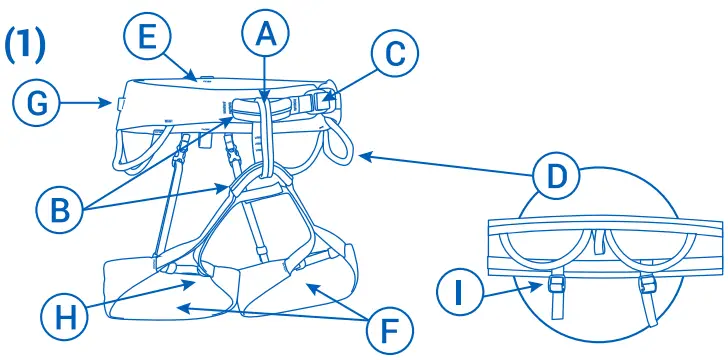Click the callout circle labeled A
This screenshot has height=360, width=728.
tap(264, 36)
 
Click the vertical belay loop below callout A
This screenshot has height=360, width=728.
tap(266, 135)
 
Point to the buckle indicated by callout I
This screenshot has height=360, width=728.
tap(554, 289)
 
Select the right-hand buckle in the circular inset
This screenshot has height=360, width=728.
tap(645, 289)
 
